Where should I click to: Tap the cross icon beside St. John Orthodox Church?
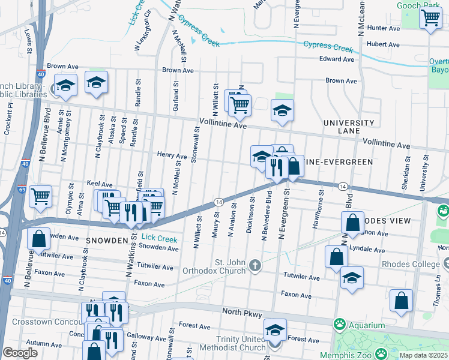tap(255, 265)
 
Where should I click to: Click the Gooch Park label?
tap(418, 5)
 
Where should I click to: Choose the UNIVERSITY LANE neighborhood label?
tap(348, 127)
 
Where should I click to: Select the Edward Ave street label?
tap(337, 59)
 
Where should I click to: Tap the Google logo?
tap(20, 353)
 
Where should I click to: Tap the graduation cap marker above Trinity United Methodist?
tap(275, 329)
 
